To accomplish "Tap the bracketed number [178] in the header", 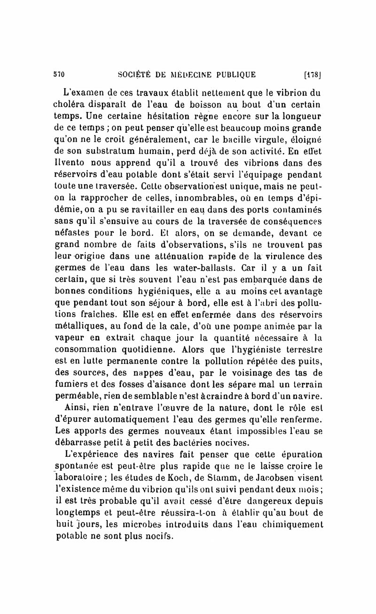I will (313, 73).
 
